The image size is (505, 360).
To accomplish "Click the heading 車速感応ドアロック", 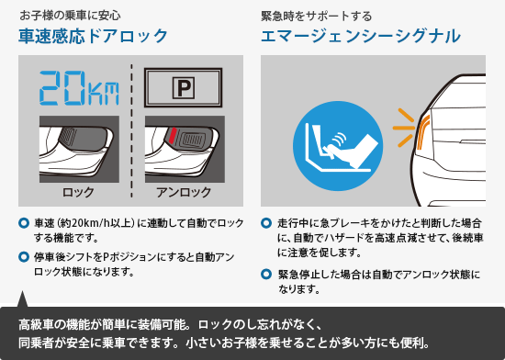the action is pos(93,36).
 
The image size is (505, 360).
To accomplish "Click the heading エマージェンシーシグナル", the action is pos(361,36).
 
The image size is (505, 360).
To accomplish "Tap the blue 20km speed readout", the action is pos(79,88).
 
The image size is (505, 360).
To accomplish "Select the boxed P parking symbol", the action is pos(184,87).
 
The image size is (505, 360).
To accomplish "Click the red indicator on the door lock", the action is pos(173,136).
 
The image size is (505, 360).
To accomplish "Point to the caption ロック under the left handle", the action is pos(78,192).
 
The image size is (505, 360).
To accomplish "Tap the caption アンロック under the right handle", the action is pos(184,192).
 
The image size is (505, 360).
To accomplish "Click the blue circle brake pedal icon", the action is pos(338,146).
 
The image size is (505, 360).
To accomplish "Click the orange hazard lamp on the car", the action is pos(422,132).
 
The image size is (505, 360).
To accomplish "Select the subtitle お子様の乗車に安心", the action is pos(70,16).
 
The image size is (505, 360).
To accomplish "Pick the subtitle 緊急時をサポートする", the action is pos(316,16).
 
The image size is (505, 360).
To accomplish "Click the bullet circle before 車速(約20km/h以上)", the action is pos(24,223).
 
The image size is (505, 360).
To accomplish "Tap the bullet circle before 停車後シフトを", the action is pos(24,257).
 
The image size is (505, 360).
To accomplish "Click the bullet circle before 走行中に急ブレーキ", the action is pos(266,223).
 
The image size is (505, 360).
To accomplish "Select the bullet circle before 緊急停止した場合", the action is pos(266,274).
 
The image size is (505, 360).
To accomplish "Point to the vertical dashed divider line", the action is pos(131,130).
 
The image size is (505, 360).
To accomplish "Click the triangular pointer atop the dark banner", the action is pos(22,299).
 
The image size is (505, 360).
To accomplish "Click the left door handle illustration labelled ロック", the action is pos(79,149).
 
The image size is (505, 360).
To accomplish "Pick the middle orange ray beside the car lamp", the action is pos(404,128).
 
